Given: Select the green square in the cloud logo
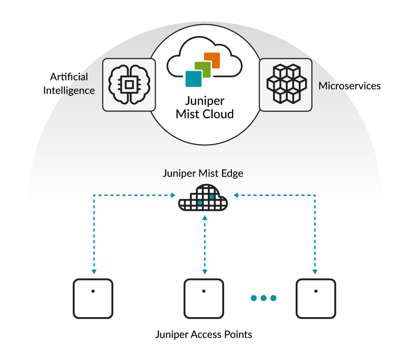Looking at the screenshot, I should coord(203,70).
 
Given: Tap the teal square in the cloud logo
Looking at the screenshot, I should coord(193,79).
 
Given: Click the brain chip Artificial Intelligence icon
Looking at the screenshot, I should coord(129,85).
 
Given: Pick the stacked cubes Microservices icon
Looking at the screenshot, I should coord(286,85).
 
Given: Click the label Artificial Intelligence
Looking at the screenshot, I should coord(69,84).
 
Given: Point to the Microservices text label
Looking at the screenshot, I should coord(349,86).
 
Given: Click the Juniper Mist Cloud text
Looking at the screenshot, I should coord(205,107).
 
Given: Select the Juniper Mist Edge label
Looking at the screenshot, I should coord(203,173).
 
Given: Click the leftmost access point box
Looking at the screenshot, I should coord(93,299).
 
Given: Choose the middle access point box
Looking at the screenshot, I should coord(204,299).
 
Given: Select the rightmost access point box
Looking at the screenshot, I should coord(316,299).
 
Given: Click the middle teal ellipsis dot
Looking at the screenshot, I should coord(264,298).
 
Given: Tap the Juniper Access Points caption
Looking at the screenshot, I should coord(204,334).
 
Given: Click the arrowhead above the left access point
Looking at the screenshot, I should coord(94,272).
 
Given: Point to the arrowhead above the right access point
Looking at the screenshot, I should coord(315,272).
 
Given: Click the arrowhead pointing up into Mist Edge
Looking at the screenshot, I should coord(205,218).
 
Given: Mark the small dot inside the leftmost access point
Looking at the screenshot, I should coord(93,291).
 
